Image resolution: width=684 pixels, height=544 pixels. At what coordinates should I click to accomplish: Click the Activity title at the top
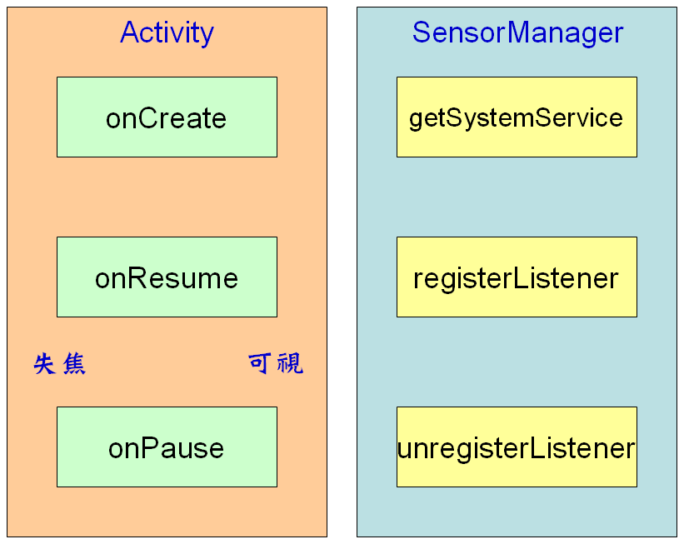pyautogui.click(x=167, y=32)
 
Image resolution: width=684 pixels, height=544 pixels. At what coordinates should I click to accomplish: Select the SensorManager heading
pyautogui.click(x=517, y=32)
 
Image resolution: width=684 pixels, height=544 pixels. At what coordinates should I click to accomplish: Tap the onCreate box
pyautogui.click(x=167, y=117)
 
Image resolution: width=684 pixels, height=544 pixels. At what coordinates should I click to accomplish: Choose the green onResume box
pyautogui.click(x=167, y=277)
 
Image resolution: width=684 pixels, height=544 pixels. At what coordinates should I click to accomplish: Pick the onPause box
pyautogui.click(x=167, y=447)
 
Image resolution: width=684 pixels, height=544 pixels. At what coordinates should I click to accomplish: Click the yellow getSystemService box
pyautogui.click(x=517, y=117)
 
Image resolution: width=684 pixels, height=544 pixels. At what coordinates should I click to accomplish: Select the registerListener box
pyautogui.click(x=517, y=277)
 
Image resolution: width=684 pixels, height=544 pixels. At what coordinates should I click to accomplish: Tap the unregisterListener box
pyautogui.click(x=517, y=447)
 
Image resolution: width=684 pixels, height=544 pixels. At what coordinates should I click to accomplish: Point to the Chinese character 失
pyautogui.click(x=45, y=364)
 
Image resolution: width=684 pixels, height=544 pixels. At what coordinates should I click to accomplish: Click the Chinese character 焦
pyautogui.click(x=74, y=364)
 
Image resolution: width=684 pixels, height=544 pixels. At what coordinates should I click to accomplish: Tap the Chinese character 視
pyautogui.click(x=290, y=363)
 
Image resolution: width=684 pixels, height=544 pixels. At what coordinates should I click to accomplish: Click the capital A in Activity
pyautogui.click(x=130, y=32)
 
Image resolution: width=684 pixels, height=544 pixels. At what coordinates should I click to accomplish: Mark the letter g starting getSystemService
pyautogui.click(x=416, y=119)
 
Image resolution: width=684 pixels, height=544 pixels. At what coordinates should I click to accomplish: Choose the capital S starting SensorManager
pyautogui.click(x=422, y=32)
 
